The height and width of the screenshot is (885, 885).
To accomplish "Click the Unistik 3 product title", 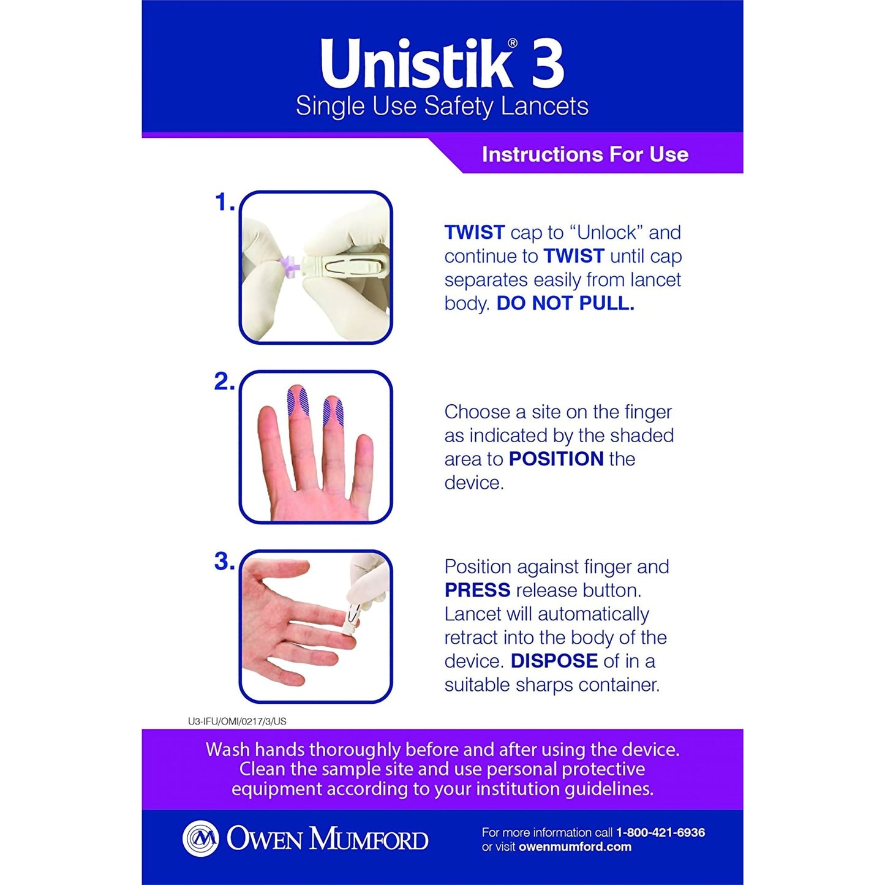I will [442, 64].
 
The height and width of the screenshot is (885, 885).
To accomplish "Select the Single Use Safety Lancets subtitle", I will [442, 107].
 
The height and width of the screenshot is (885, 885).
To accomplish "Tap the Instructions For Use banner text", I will [585, 154].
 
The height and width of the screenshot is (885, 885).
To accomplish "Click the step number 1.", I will [224, 203].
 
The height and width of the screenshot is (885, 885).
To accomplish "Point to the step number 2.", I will [224, 382].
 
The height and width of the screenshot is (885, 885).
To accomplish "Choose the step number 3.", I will [224, 562].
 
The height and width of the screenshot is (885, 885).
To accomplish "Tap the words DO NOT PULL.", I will [565, 303].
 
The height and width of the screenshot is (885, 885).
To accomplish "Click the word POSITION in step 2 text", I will [556, 459].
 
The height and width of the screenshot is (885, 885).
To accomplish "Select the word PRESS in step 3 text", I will [477, 590].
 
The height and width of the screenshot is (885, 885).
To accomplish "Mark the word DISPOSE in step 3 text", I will [554, 661].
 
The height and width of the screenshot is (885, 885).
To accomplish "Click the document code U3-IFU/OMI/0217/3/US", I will [237, 721].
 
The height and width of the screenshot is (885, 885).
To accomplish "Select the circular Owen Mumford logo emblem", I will [201, 838].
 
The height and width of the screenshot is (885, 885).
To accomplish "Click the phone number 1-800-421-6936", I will [660, 832].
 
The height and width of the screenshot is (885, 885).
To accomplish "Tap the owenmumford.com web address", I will [574, 847].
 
